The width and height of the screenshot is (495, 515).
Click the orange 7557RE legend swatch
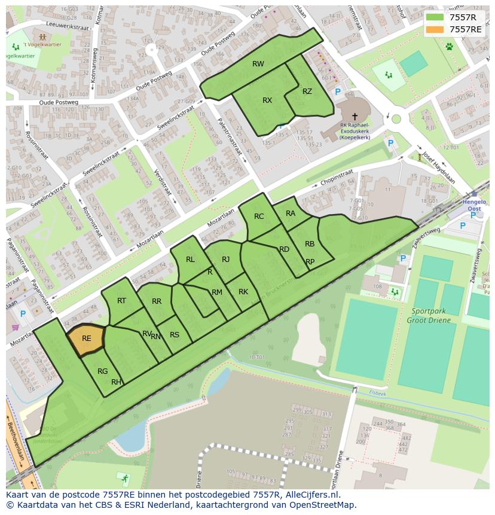coord(435,29)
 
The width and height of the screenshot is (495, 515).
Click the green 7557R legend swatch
coord(435,17)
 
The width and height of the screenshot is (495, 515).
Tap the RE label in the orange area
coord(87,339)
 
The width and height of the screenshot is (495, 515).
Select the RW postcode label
coord(258,64)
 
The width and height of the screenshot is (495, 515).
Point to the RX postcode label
coord(267,100)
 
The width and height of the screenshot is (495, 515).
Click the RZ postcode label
coord(307,92)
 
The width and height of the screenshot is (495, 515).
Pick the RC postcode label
coord(259,217)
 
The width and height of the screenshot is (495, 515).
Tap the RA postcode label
coord(291,214)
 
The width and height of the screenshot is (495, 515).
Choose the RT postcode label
coord(121,301)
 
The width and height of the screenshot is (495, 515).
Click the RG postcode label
coord(103,371)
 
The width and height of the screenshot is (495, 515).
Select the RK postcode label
coord(243,292)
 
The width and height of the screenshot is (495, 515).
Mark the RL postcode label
coord(190,260)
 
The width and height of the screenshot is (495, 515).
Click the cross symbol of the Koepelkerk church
coord(355,116)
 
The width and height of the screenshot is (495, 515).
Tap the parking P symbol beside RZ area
coord(338,92)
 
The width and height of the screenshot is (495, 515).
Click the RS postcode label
coord(175,335)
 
